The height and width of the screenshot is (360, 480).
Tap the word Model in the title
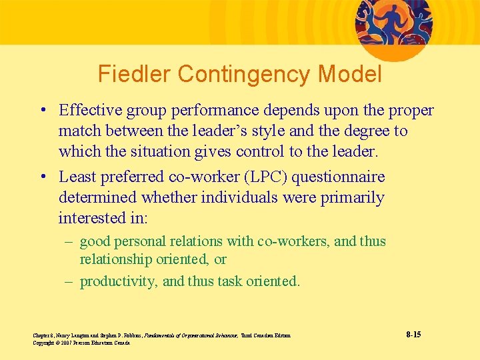pos(355,74)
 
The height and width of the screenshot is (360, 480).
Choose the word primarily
pos(351,197)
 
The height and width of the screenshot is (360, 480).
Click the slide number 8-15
pos(413,334)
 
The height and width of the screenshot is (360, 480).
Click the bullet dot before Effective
pos(42,111)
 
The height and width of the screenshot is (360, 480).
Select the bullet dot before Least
pos(42,177)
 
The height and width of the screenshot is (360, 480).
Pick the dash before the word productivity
pos(69,281)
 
